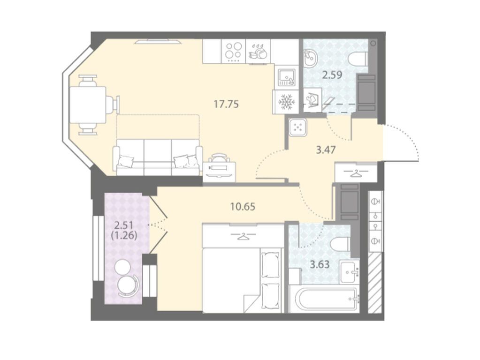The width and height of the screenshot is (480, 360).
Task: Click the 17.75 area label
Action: (226, 105)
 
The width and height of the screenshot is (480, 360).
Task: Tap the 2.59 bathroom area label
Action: (332, 75)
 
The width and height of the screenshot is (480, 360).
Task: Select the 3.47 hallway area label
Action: (326, 150)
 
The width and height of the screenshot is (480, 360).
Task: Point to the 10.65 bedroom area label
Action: (243, 207)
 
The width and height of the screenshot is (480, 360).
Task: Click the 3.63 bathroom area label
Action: (320, 264)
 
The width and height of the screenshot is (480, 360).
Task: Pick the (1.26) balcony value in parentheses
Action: (124, 236)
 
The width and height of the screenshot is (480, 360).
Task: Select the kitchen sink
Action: (287, 77)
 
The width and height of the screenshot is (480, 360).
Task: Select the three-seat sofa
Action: (158, 157)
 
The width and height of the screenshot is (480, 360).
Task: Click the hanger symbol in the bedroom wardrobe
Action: (244, 236)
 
